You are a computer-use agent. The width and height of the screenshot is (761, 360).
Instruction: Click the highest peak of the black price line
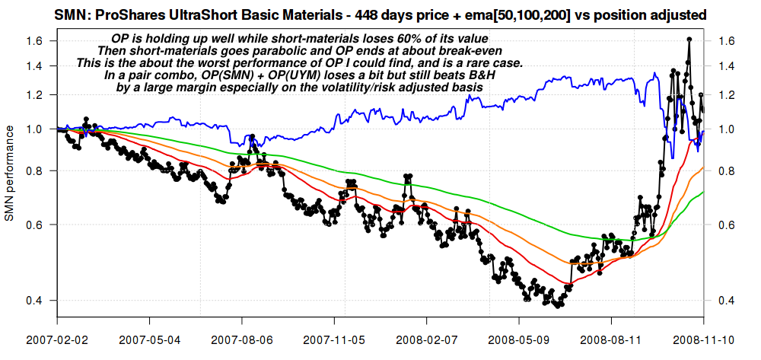(689, 39)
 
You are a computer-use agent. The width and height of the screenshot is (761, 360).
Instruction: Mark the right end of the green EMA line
(702, 193)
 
